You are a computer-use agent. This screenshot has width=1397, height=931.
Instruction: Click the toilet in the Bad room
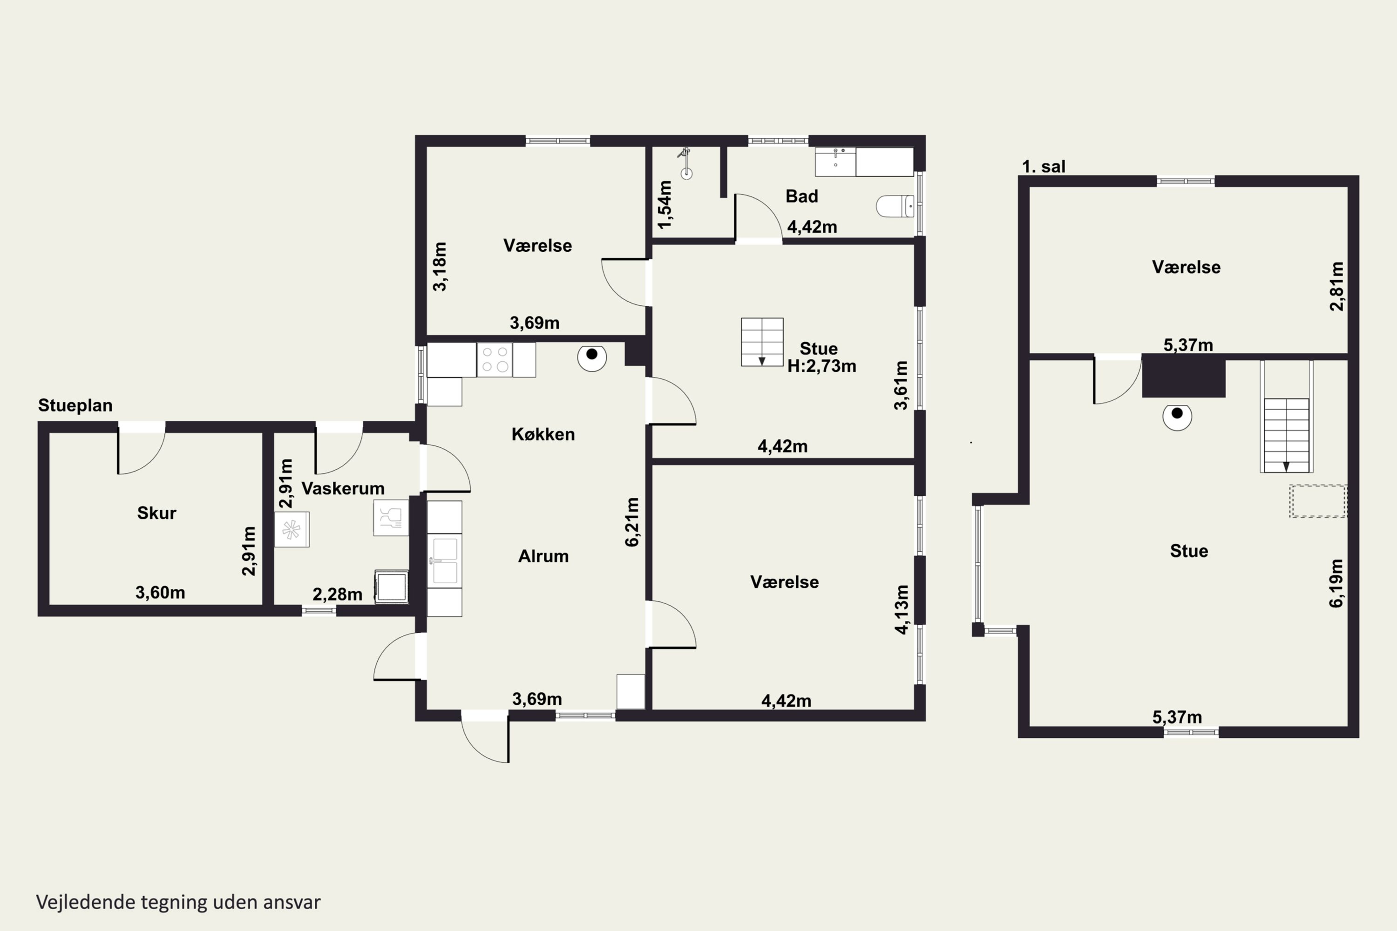click(895, 206)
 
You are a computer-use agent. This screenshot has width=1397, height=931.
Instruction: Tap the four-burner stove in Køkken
click(495, 360)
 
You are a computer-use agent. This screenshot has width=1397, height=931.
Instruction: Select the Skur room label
click(157, 513)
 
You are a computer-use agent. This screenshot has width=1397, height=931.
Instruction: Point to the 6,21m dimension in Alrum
click(632, 522)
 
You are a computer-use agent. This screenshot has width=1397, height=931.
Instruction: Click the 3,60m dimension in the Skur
click(160, 592)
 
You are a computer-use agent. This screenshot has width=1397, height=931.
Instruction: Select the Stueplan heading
click(75, 405)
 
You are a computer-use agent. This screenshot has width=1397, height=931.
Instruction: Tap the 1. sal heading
click(1044, 167)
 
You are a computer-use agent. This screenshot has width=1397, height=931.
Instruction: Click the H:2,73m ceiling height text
click(822, 366)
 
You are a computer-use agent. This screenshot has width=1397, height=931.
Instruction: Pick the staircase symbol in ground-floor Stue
click(762, 342)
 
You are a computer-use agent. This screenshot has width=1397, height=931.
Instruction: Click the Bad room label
click(802, 196)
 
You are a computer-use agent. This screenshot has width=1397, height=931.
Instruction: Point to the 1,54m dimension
click(665, 204)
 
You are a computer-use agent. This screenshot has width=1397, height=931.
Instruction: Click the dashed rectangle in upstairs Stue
click(1318, 501)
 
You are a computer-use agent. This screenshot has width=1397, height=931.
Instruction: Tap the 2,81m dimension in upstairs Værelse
click(1336, 286)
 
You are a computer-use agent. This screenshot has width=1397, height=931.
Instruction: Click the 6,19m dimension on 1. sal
click(1336, 583)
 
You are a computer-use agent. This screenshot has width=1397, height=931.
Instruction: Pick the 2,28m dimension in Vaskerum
click(337, 594)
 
